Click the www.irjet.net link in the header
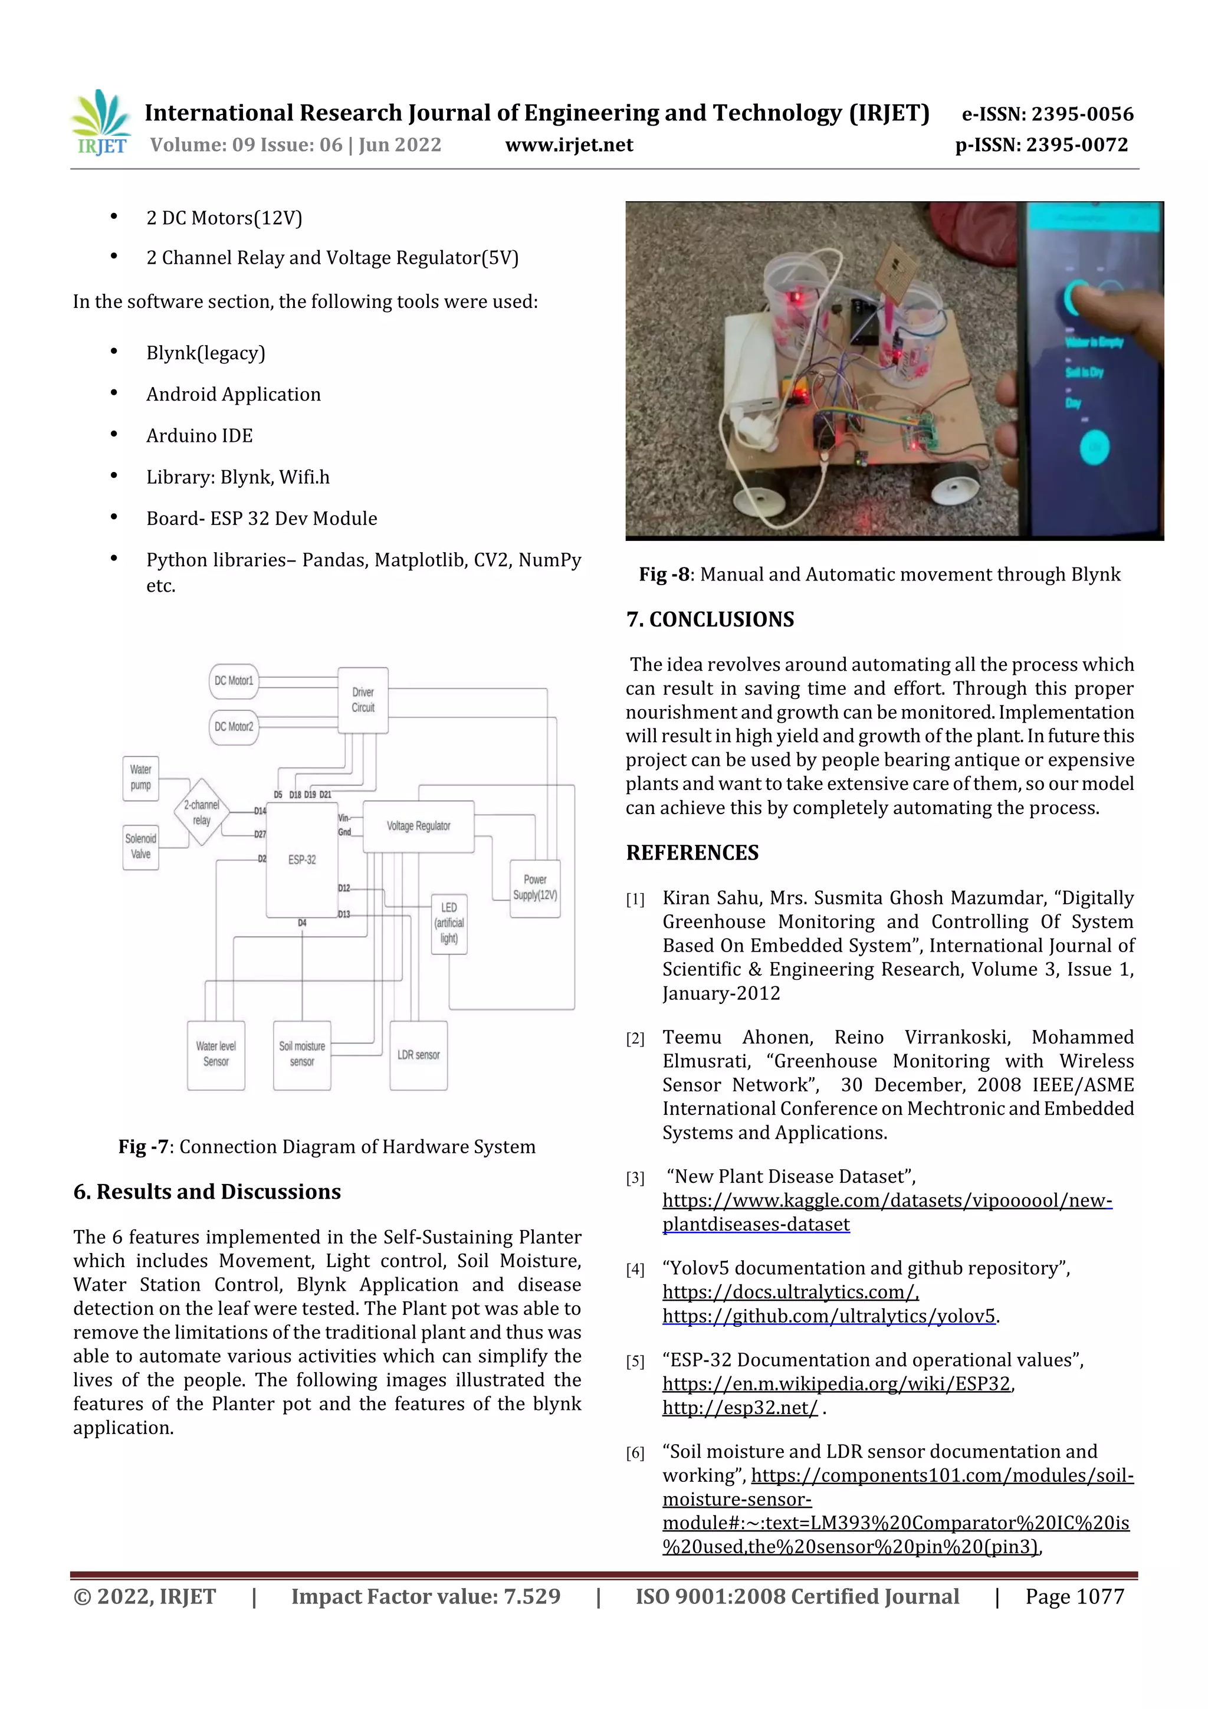point(569,145)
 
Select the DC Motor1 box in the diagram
point(234,680)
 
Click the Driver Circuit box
point(363,700)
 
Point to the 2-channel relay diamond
point(202,812)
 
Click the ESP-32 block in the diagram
point(301,860)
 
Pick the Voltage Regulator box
point(418,826)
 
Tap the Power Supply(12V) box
point(534,888)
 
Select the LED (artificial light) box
point(449,923)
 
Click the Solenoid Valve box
point(140,847)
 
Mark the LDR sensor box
point(418,1055)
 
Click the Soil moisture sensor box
point(301,1054)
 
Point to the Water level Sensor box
point(216,1054)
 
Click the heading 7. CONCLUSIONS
point(710,619)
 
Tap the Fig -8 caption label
point(665,575)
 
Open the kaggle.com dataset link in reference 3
point(887,1200)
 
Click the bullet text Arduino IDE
point(199,435)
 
